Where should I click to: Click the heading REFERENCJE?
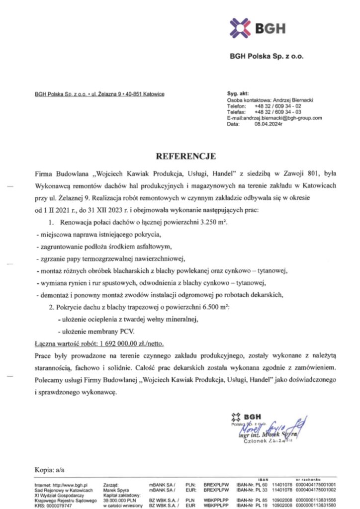coord(186,157)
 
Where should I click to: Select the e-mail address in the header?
coord(281,118)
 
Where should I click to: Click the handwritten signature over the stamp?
coord(271,426)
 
